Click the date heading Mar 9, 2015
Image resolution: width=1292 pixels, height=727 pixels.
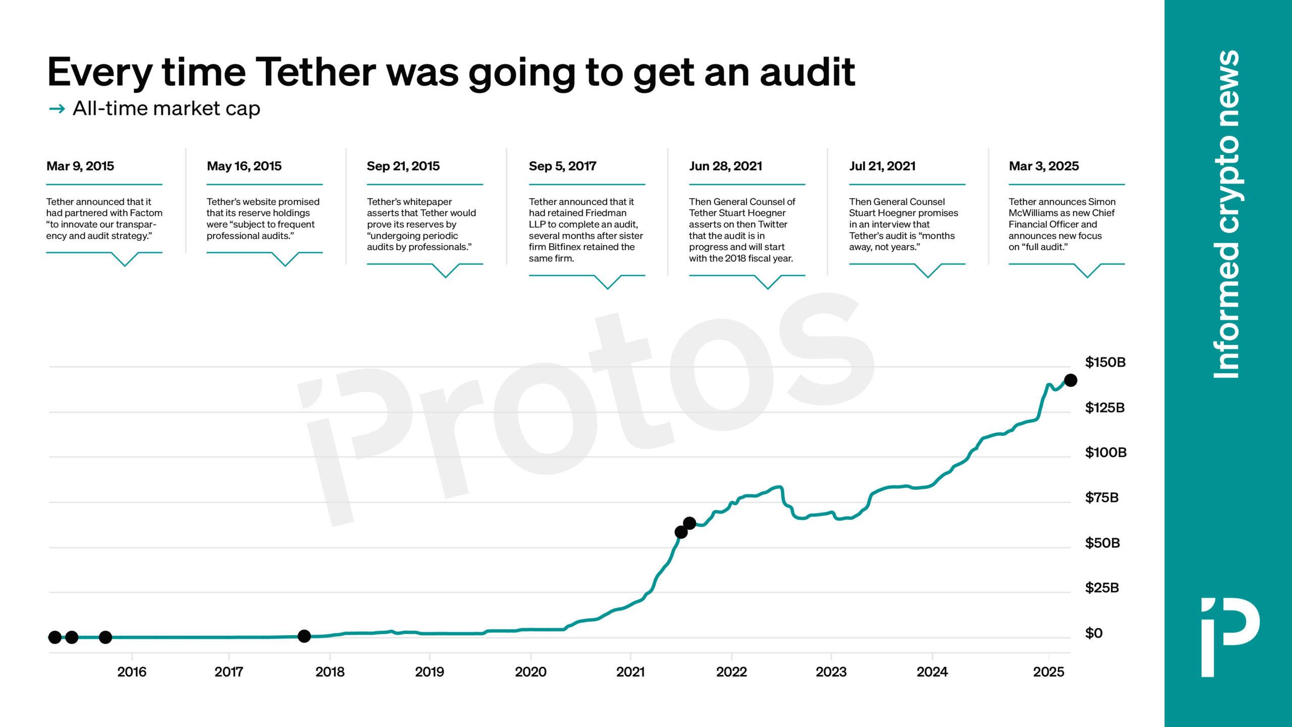(x=80, y=166)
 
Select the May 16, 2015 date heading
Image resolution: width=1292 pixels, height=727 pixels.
(x=244, y=166)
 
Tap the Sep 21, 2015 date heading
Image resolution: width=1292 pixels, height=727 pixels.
(x=403, y=166)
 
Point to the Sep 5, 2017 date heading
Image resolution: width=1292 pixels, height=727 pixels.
(x=562, y=166)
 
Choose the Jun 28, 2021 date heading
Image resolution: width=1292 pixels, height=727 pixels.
(x=725, y=166)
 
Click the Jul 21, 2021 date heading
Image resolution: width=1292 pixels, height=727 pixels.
(x=882, y=166)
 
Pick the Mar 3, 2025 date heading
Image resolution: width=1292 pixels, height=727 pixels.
(x=1044, y=166)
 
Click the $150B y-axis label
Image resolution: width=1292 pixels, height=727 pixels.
(x=1105, y=362)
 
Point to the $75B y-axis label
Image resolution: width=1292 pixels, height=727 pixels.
(x=1102, y=498)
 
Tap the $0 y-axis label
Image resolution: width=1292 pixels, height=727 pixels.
(x=1094, y=633)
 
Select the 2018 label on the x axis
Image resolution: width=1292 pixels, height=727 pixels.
(x=330, y=672)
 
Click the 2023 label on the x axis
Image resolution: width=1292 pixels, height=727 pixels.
(x=831, y=672)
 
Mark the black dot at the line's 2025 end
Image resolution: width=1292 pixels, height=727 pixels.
(x=1070, y=380)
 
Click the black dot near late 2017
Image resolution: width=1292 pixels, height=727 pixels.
(x=304, y=636)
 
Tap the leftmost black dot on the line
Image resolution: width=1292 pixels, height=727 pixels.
(x=55, y=637)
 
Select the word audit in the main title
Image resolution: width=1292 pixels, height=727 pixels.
(x=807, y=73)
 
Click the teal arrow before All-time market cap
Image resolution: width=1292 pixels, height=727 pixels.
(x=57, y=109)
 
